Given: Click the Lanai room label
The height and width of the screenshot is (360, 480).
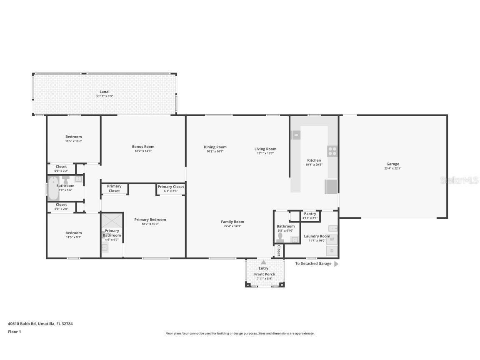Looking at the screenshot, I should pyautogui.click(x=104, y=92).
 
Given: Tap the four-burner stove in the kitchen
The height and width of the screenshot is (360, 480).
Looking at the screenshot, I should pyautogui.click(x=332, y=151).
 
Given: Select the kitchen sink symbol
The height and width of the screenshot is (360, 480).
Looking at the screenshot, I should pyautogui.click(x=296, y=135).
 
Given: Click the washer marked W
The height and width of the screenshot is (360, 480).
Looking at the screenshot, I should pyautogui.click(x=332, y=239).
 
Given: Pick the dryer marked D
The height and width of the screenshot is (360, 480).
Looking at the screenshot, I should pyautogui.click(x=332, y=250).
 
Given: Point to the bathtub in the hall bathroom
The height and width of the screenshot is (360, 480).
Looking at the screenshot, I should pyautogui.click(x=52, y=189).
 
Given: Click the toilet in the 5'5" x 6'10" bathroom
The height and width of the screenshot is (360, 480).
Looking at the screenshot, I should pyautogui.click(x=280, y=237).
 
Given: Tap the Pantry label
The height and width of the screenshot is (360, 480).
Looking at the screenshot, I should pyautogui.click(x=310, y=214).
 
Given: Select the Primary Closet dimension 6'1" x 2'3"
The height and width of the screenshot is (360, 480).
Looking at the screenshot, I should pyautogui.click(x=171, y=191).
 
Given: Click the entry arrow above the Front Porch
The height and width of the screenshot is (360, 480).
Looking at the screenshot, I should pyautogui.click(x=263, y=262).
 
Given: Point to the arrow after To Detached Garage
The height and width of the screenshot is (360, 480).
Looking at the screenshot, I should pyautogui.click(x=336, y=264).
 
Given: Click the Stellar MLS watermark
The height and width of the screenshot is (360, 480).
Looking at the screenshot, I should pyautogui.click(x=460, y=180).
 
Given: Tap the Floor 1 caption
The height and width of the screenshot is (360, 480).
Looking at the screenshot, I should pyautogui.click(x=14, y=332).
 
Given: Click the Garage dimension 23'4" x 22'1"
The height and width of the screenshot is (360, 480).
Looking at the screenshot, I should pyautogui.click(x=392, y=168).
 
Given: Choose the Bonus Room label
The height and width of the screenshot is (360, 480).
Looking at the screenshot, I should pyautogui.click(x=143, y=147).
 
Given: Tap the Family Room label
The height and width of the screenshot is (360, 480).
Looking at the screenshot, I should pyautogui.click(x=232, y=222).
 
